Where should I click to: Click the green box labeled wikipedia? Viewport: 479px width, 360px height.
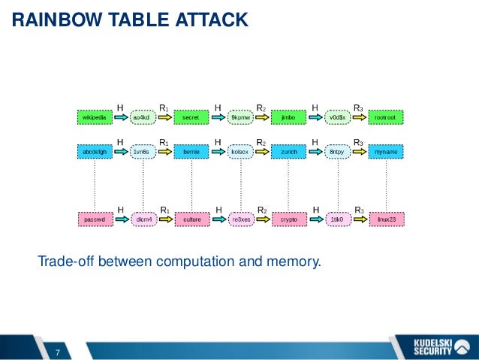point(95,118)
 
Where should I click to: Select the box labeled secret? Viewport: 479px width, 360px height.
point(191,118)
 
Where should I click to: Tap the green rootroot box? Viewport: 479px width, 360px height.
point(387,118)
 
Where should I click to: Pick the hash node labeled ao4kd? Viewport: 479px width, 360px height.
point(142,118)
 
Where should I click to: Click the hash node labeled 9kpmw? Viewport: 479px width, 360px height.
point(240,118)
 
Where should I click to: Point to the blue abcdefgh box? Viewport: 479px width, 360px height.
point(95,152)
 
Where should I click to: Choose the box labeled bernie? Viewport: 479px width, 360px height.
point(191,152)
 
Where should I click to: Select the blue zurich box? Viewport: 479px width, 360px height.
point(289,152)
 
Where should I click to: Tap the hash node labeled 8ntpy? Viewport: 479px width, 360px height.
point(337,152)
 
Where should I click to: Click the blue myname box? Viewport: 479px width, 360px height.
point(387,152)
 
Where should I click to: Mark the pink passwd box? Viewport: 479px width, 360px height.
point(95,219)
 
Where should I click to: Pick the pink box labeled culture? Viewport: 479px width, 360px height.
point(191,219)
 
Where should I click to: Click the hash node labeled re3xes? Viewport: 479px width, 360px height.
point(240,219)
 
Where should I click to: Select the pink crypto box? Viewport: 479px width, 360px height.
point(289,219)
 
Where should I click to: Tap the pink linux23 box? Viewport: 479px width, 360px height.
point(387,219)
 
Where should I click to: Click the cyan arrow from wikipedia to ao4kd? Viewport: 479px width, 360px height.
point(119,118)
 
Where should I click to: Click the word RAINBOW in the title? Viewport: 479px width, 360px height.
point(46,20)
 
